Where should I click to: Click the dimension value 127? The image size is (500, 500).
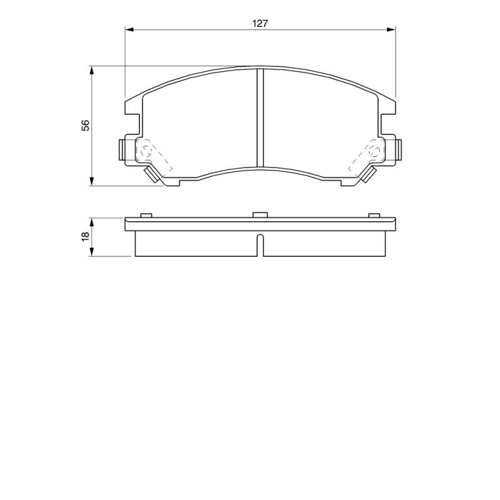click(260, 24)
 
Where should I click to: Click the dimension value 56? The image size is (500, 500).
click(86, 126)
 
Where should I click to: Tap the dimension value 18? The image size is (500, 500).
click(86, 236)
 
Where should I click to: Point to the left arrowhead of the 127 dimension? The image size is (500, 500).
click(129, 29)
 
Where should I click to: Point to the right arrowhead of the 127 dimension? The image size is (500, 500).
click(391, 29)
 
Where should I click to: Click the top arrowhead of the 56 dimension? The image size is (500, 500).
click(92, 70)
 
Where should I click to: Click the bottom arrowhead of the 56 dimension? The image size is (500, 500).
click(92, 181)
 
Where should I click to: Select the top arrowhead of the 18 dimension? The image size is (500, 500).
click(92, 222)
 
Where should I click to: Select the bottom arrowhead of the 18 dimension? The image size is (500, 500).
click(92, 252)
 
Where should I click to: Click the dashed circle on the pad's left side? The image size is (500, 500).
click(146, 151)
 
